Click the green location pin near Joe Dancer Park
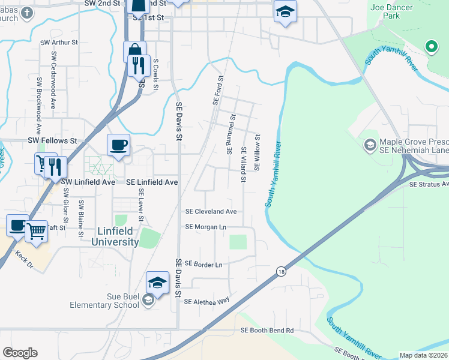click(430, 46)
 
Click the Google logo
click(20, 353)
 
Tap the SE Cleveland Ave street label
click(211, 212)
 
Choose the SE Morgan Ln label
click(206, 227)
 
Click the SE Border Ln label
click(203, 264)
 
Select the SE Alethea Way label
click(207, 301)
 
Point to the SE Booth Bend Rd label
click(267, 330)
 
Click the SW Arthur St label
click(59, 43)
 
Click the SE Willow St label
click(258, 152)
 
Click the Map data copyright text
click(423, 355)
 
